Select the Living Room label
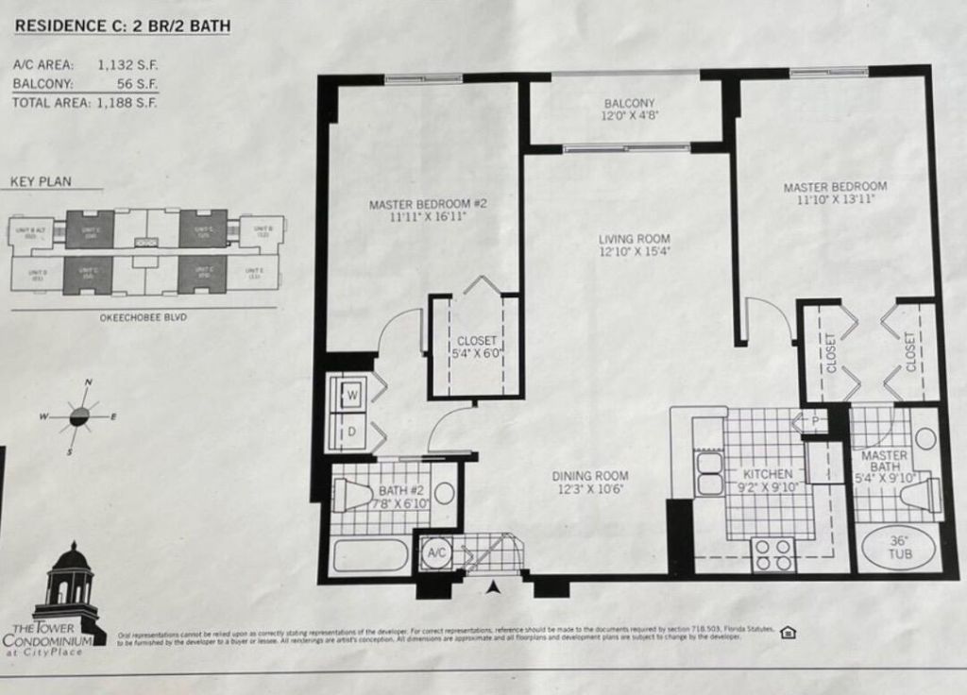[634, 246]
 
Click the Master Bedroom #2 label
[428, 210]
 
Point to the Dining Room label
[590, 483]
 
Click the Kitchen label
[768, 481]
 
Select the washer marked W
[350, 397]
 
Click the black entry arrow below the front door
[491, 589]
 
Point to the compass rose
[79, 415]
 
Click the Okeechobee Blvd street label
[144, 318]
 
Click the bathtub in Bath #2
[370, 554]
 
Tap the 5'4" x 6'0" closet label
[476, 348]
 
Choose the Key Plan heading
[41, 182]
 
